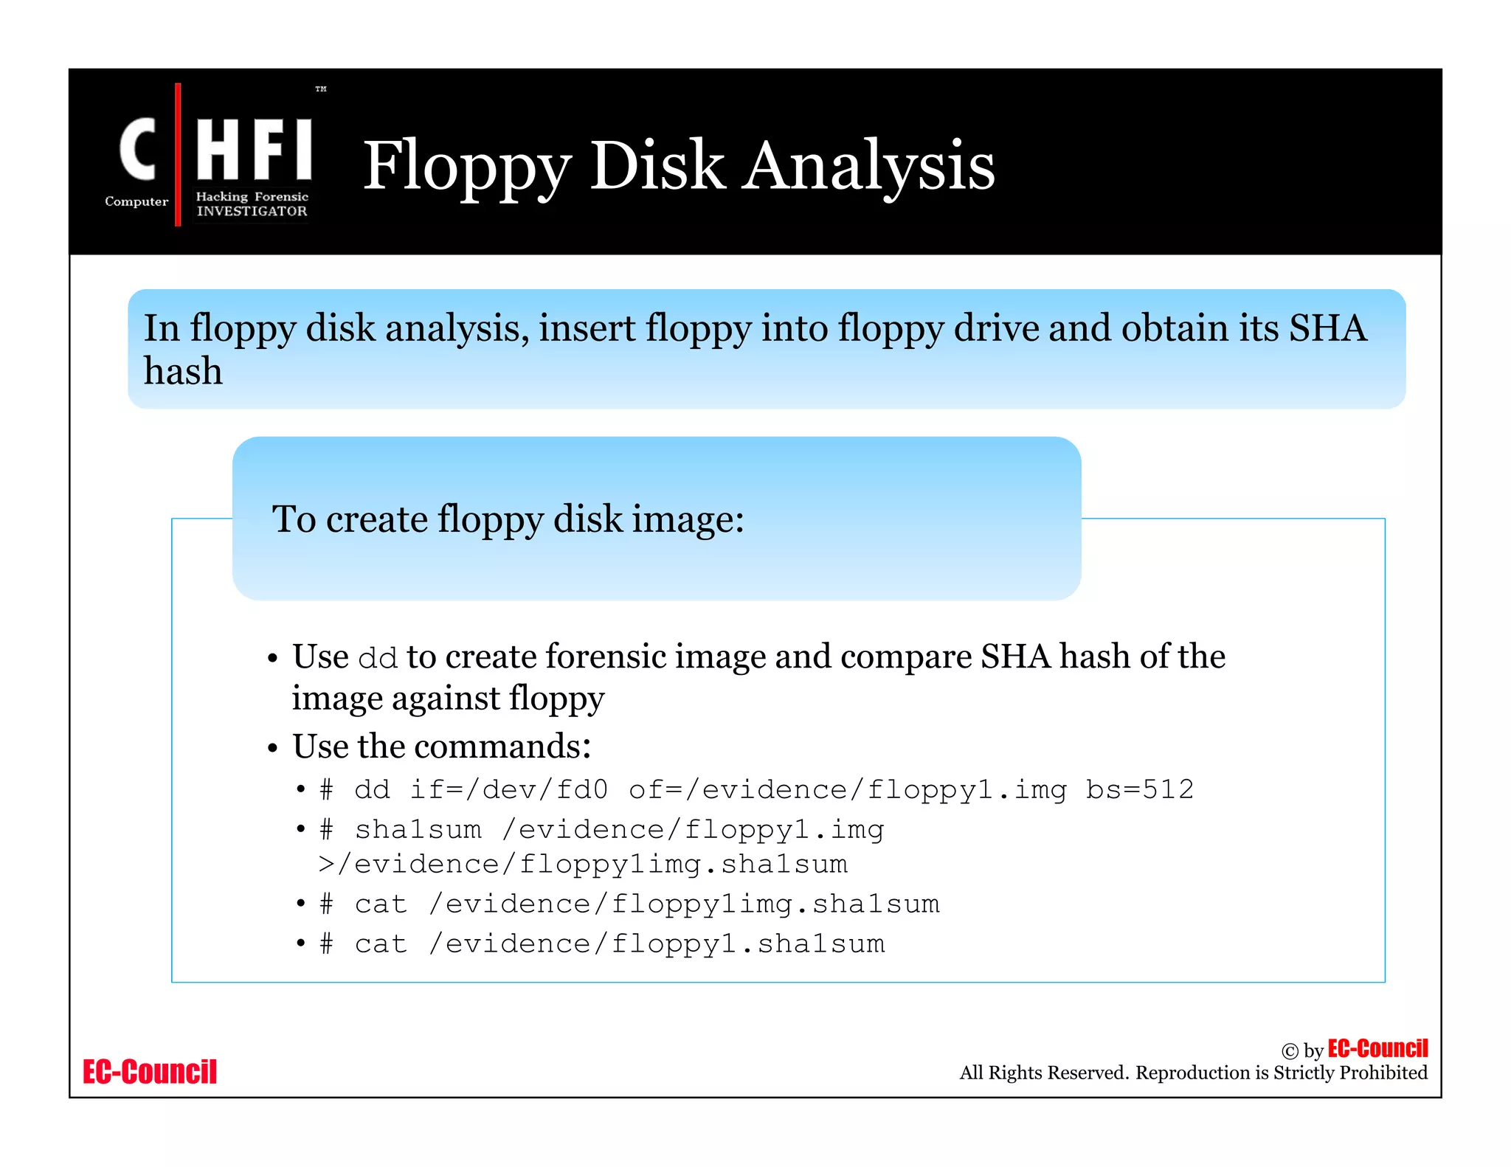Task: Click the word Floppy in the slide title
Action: click(467, 167)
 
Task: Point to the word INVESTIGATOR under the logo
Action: click(252, 211)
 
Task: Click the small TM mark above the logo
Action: click(321, 89)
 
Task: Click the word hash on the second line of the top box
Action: click(182, 371)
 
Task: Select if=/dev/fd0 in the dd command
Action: click(509, 790)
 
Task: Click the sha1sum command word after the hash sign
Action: click(418, 830)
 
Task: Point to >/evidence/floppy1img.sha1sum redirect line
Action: click(583, 865)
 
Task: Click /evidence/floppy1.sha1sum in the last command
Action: click(657, 944)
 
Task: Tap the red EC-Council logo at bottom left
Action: click(150, 1072)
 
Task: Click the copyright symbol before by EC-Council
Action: click(1289, 1051)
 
